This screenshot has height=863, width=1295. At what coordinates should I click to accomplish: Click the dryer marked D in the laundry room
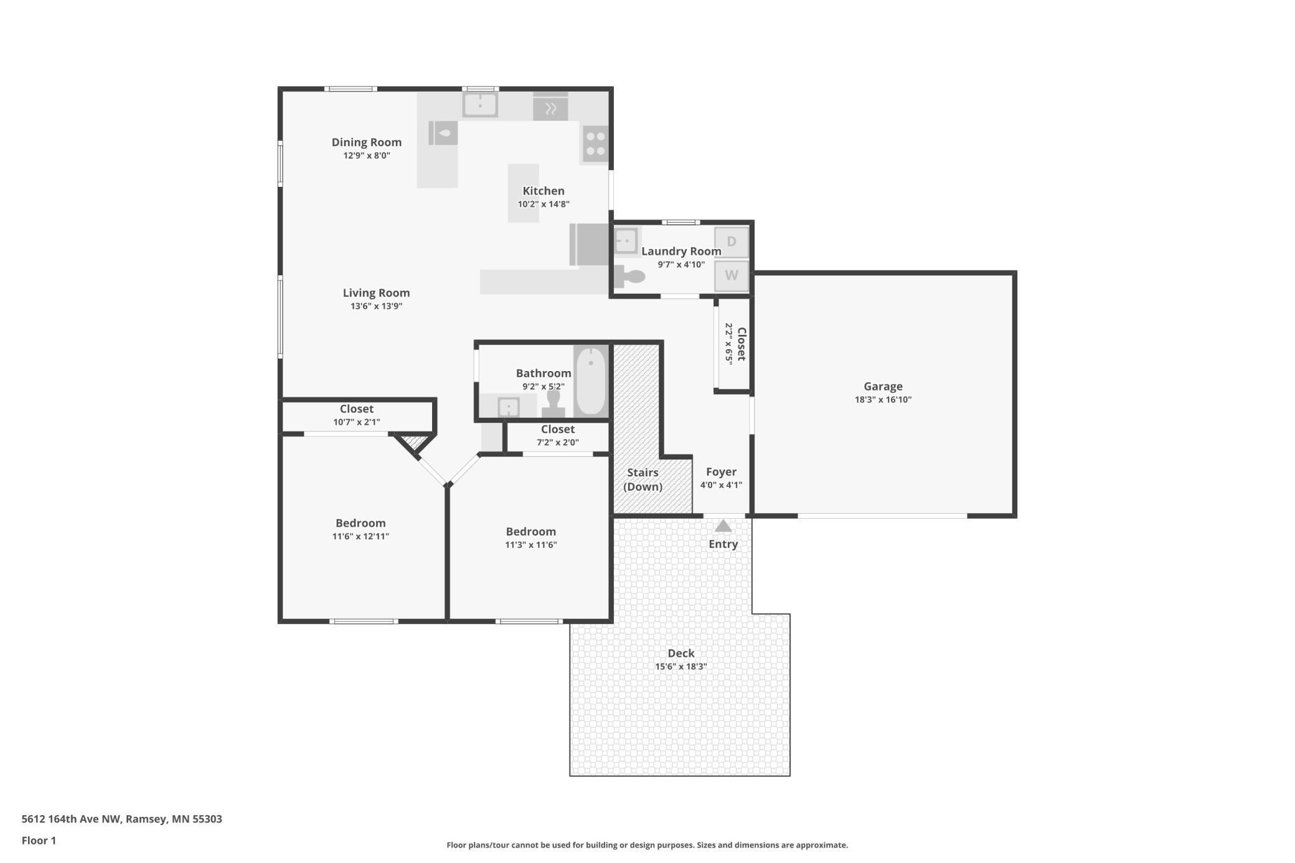click(731, 242)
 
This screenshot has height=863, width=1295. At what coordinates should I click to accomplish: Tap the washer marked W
click(731, 275)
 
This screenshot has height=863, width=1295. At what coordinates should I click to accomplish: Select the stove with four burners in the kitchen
click(595, 143)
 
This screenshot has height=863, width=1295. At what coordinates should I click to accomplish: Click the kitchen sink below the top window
click(480, 105)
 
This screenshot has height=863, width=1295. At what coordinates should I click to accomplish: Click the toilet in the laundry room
click(629, 276)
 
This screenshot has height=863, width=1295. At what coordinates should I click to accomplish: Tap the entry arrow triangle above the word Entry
click(723, 526)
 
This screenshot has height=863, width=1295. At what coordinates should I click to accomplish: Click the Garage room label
click(883, 387)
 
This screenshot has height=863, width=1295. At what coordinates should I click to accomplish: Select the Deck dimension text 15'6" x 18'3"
click(680, 666)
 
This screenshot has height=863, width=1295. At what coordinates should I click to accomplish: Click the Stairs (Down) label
click(643, 479)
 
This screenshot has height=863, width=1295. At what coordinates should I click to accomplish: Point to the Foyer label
click(721, 472)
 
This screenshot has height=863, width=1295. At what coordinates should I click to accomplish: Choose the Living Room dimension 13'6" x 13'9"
click(376, 306)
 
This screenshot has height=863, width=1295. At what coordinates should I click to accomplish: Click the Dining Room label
click(366, 142)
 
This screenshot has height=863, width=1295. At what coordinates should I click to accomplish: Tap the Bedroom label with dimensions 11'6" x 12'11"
click(360, 523)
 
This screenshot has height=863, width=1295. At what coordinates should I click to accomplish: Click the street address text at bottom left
click(122, 819)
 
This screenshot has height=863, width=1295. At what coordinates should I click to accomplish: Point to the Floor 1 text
click(39, 841)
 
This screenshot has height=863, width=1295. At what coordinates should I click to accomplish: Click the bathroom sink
click(509, 408)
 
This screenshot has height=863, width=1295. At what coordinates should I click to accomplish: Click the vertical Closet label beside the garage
click(741, 344)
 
